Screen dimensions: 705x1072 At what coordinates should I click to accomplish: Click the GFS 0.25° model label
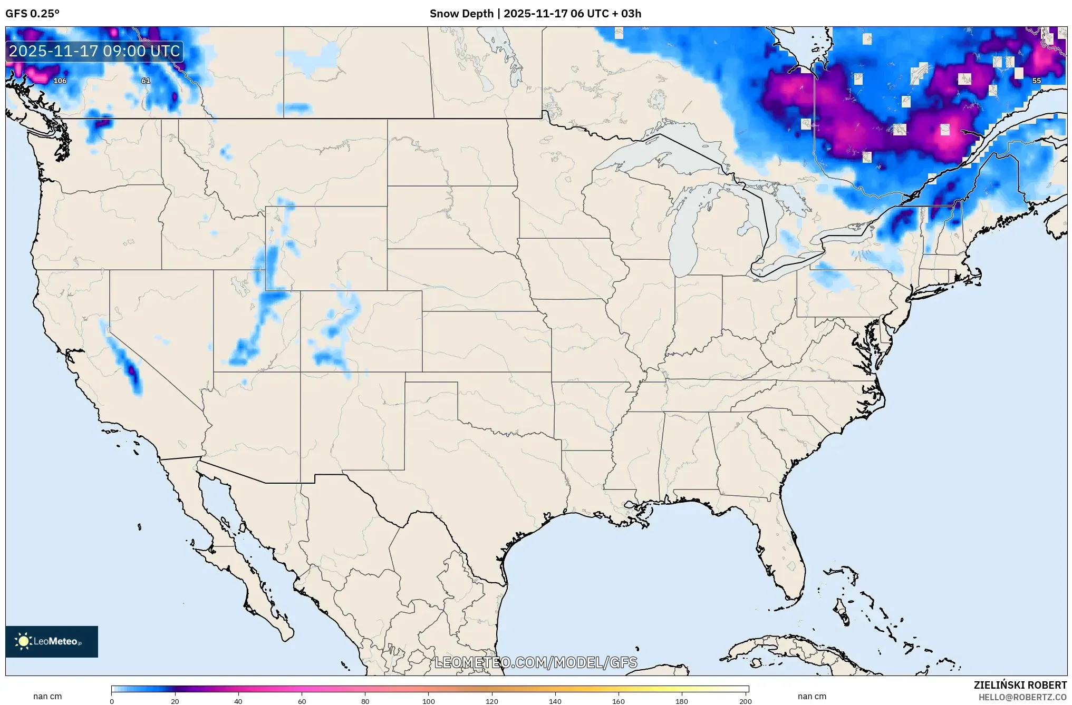[32, 14]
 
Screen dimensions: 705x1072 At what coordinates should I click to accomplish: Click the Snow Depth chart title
[535, 14]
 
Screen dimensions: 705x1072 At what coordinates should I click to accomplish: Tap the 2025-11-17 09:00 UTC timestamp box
[95, 51]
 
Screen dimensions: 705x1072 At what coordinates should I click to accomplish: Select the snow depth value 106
[60, 81]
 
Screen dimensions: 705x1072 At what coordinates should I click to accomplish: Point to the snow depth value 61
[146, 81]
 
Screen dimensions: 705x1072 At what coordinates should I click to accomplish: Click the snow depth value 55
[1036, 81]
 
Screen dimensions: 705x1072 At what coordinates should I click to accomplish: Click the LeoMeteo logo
[52, 641]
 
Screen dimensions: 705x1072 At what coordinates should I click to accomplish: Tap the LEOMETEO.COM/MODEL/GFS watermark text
[535, 662]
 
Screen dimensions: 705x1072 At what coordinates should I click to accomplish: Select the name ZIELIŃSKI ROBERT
[1020, 685]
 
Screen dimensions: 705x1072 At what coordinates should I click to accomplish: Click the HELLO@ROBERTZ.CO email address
[1022, 697]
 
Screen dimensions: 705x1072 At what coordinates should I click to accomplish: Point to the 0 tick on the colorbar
[112, 701]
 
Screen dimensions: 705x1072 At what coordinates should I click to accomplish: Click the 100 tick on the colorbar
[428, 701]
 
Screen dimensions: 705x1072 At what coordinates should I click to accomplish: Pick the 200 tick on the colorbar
[745, 701]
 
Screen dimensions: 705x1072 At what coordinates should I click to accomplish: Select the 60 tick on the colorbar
[302, 701]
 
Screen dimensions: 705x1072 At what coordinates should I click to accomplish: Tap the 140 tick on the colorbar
[555, 701]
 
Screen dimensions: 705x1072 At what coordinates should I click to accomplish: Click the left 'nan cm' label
[47, 696]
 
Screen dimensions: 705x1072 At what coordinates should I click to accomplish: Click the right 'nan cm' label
[812, 696]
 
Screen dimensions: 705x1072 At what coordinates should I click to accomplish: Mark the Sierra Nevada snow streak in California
[127, 364]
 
